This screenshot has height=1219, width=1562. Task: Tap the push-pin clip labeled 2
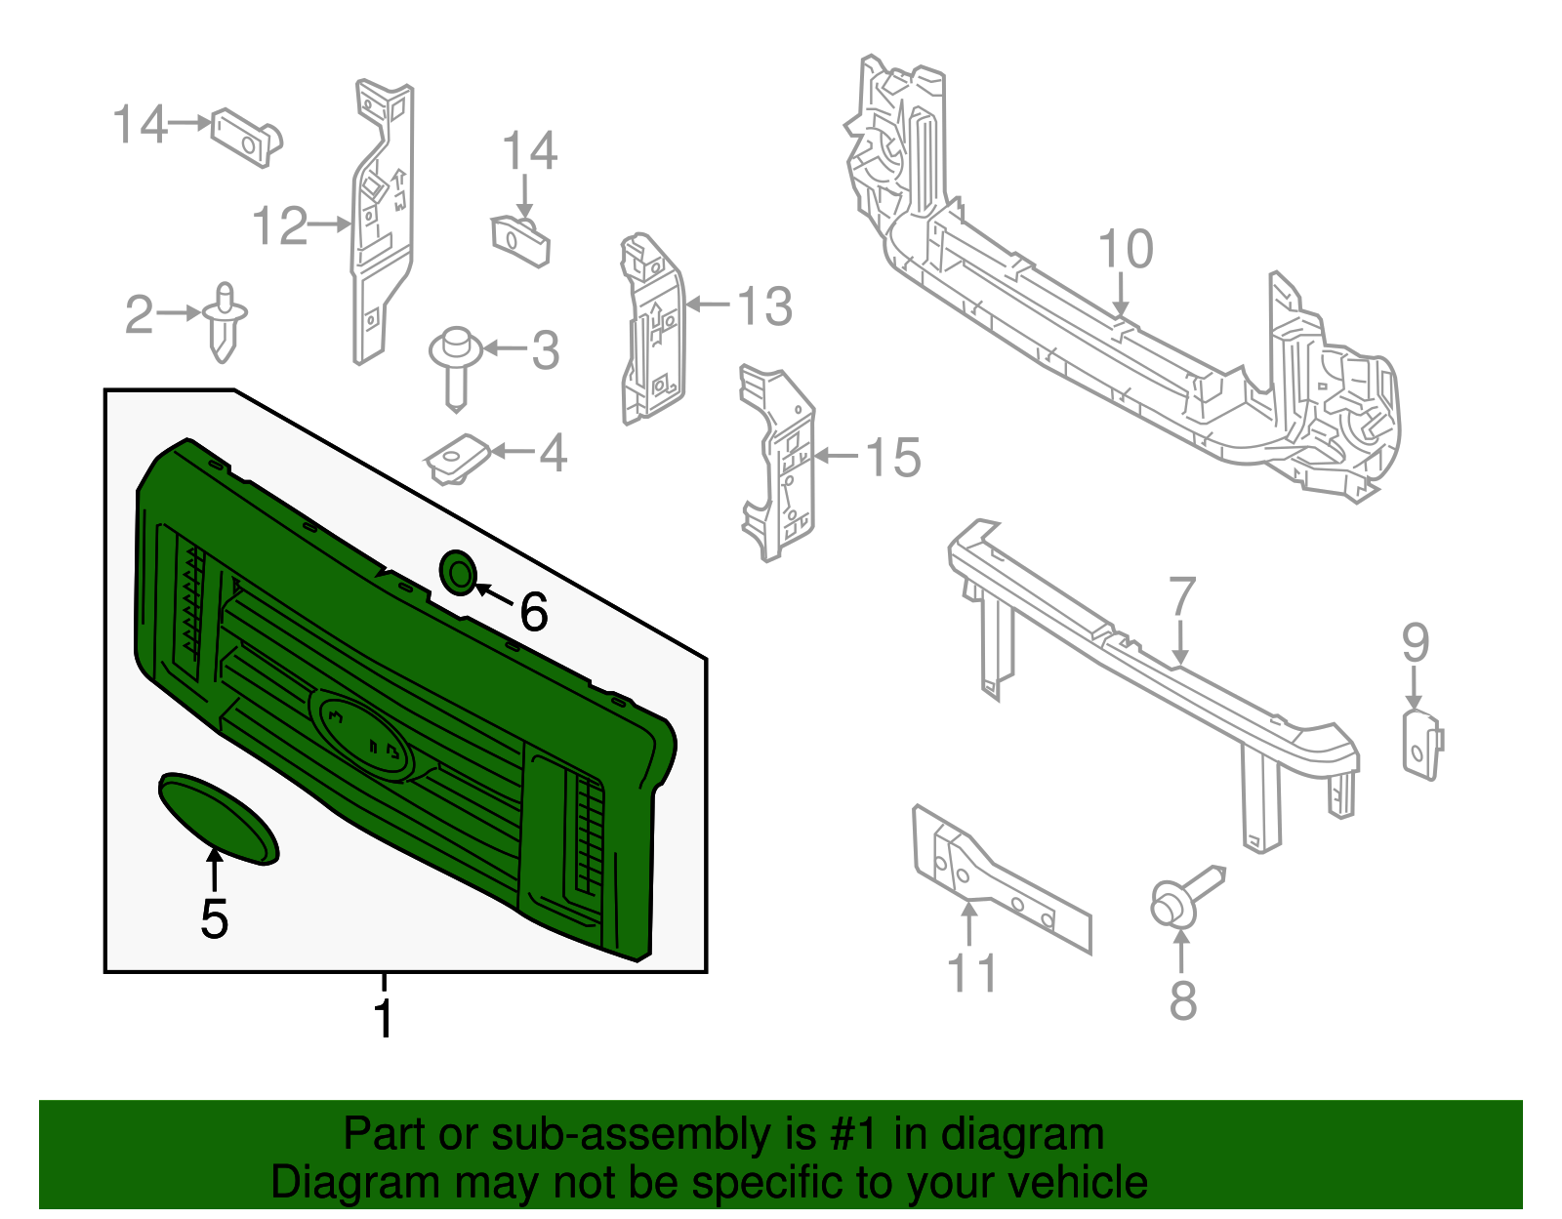(x=225, y=320)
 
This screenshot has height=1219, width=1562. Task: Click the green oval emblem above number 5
(x=219, y=818)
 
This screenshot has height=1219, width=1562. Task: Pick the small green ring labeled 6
(x=459, y=573)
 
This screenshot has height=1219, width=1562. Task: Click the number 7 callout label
(x=1181, y=596)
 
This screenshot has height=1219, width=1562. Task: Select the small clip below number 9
(x=1420, y=745)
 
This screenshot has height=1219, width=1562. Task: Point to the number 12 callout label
(x=279, y=226)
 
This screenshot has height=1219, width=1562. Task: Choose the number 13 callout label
(x=764, y=306)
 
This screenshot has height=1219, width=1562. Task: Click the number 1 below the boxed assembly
(x=384, y=1018)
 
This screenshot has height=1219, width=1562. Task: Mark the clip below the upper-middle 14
(x=520, y=241)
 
